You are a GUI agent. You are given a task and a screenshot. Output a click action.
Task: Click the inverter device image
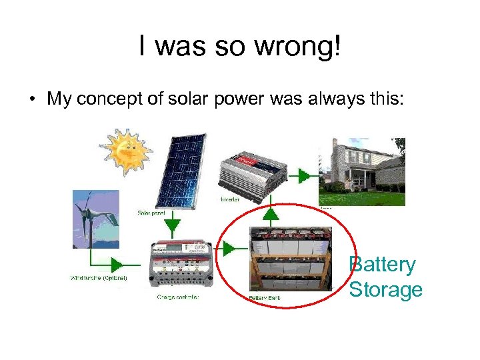coord(253,174)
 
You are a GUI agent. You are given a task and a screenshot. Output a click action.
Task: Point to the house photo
coord(362,171)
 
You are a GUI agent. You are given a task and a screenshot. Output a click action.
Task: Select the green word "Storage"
coord(386,289)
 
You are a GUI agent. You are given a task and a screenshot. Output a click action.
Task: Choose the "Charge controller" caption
coord(178,297)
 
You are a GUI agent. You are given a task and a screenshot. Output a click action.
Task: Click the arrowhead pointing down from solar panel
coord(173,226)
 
